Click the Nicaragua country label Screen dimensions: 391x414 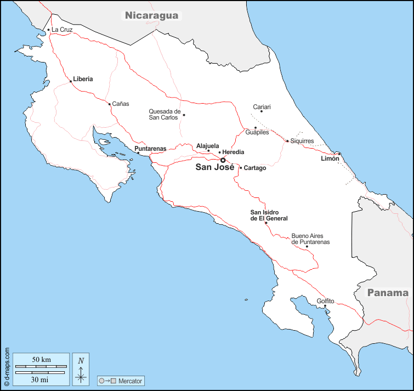152,15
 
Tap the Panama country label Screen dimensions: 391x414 388,292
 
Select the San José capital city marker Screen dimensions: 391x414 223,161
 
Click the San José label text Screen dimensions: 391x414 214,167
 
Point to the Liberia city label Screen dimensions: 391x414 83,79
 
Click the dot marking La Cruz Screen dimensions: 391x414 49,30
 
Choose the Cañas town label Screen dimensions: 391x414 121,104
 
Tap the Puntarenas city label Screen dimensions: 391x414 150,149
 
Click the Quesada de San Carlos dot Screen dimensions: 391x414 184,115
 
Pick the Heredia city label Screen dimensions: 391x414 234,152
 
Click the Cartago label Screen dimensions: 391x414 255,168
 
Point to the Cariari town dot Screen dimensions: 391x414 262,111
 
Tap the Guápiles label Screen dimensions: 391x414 257,133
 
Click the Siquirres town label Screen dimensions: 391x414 302,141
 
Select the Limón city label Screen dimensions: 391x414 330,158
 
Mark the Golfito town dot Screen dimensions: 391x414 325,306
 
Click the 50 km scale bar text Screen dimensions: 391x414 41,359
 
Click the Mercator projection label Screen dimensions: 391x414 131,381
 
